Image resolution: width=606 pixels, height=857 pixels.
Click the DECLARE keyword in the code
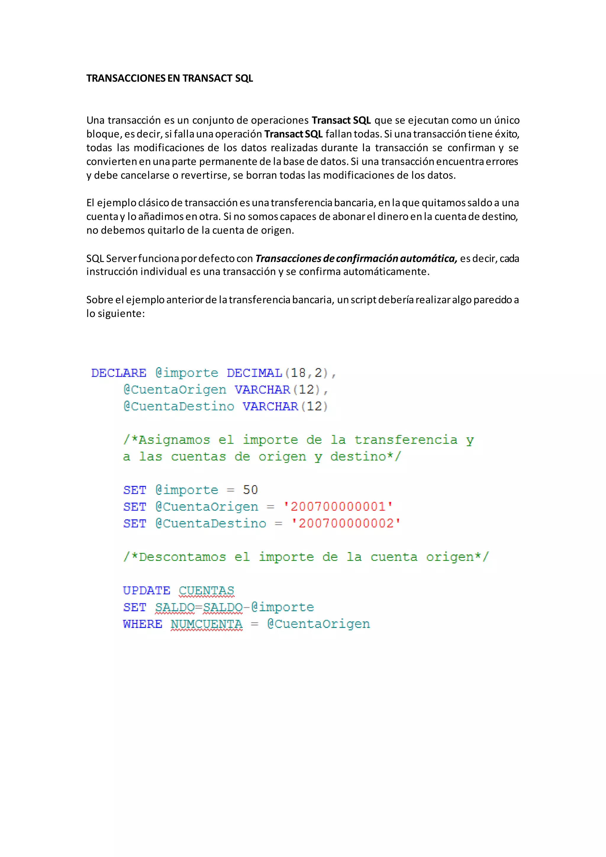coord(119,373)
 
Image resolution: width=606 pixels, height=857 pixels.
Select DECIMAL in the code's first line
coord(254,373)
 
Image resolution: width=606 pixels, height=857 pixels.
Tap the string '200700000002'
coord(346,523)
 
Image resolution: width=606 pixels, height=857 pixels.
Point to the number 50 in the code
coord(250,490)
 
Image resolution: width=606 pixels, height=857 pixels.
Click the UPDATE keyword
coord(146,590)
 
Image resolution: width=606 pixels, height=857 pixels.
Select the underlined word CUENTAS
coord(206,590)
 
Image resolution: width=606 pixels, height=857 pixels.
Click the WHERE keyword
coord(143,624)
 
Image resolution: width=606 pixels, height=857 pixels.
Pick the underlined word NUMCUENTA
coord(206,624)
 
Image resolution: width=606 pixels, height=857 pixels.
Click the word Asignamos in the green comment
coord(174,440)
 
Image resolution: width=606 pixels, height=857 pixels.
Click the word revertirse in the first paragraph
coord(205,175)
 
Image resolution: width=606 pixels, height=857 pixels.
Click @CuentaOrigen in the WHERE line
coord(319,624)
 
